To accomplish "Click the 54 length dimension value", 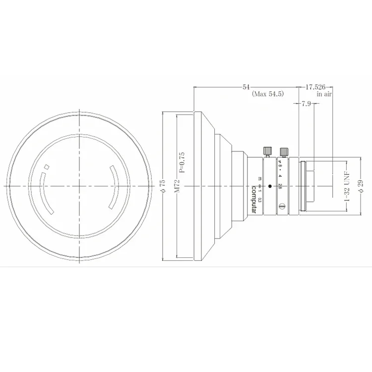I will point(246,87).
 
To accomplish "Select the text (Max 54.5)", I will point(268,94).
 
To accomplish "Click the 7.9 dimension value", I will point(307,104).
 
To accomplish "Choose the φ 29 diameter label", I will point(361,185).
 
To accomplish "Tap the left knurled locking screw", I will point(267,150).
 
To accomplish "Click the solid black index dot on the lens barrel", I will point(270,186).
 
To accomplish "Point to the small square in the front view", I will point(46,167).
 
